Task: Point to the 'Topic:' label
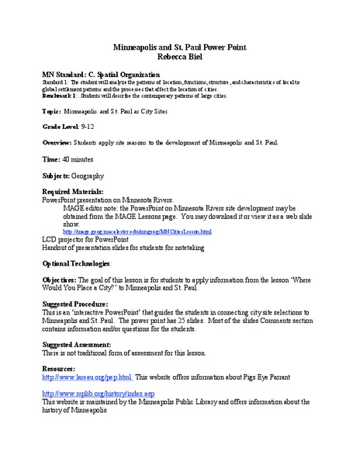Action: (51, 112)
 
